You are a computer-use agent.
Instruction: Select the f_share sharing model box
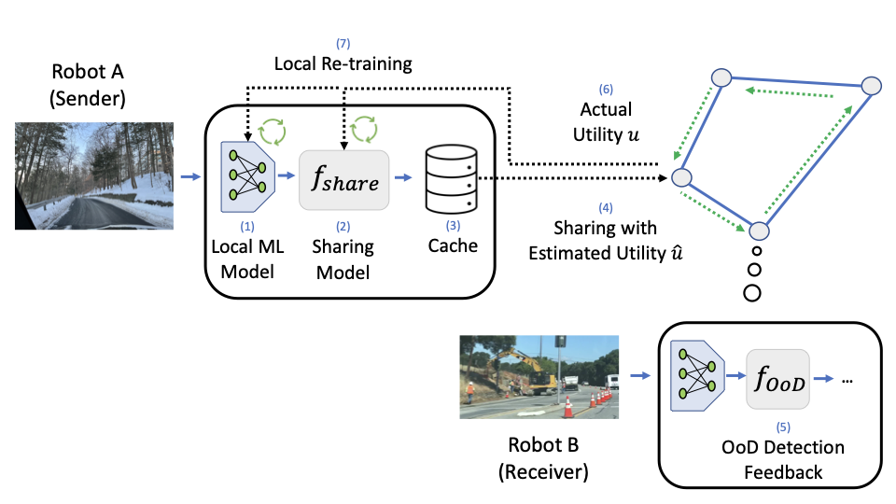click(343, 181)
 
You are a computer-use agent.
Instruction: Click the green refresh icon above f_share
click(365, 126)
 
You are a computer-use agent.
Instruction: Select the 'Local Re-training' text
click(343, 64)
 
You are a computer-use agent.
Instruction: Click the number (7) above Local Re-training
click(343, 44)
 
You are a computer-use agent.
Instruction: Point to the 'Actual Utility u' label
click(606, 124)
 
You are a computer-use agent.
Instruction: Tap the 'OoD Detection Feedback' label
click(782, 459)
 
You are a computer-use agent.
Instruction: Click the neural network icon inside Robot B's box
click(698, 377)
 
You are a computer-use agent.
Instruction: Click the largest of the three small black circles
click(752, 292)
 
